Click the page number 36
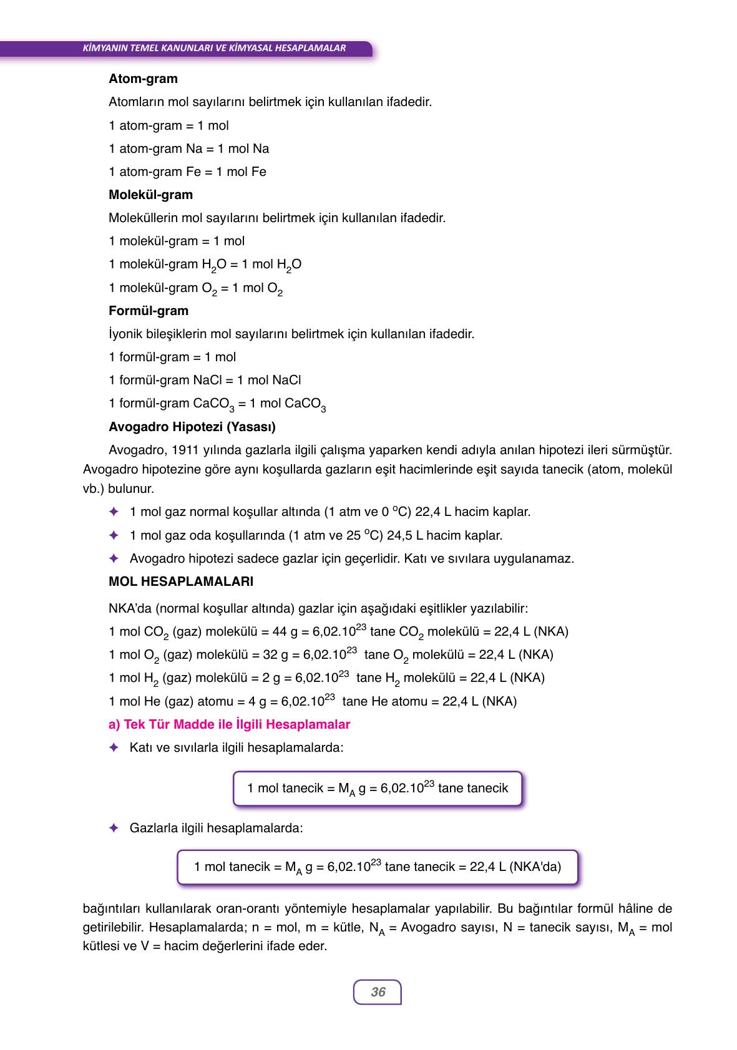click(x=378, y=992)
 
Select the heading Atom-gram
click(x=143, y=79)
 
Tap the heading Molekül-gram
click(x=150, y=195)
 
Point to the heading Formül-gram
click(x=148, y=311)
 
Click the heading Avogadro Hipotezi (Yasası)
click(x=192, y=427)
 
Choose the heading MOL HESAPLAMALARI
click(x=180, y=581)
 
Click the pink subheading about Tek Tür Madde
click(x=229, y=724)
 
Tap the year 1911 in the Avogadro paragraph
click(x=185, y=450)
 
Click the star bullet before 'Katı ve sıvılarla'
click(x=114, y=747)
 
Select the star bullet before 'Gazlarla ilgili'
click(x=114, y=828)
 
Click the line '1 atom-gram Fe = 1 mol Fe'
click(x=187, y=172)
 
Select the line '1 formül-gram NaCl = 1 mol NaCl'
click(x=205, y=380)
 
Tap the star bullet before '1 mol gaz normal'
click(x=114, y=512)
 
